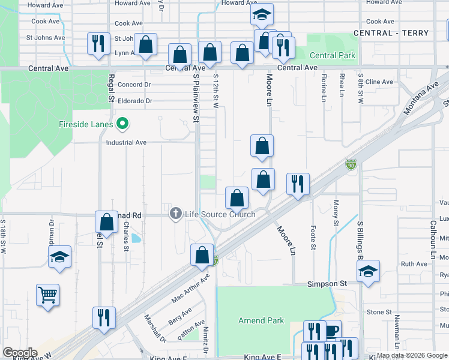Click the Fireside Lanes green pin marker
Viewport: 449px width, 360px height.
point(123,125)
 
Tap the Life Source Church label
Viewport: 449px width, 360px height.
point(220,214)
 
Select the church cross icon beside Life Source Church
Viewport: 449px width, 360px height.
point(176,214)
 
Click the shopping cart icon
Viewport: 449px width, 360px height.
point(47,295)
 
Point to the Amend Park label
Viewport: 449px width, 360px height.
point(261,320)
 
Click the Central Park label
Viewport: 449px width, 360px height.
point(333,56)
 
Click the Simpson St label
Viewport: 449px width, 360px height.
point(327,283)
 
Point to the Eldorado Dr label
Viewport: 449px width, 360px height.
point(135,101)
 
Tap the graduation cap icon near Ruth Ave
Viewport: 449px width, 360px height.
point(369,271)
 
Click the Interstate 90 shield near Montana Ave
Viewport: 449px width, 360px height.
point(351,164)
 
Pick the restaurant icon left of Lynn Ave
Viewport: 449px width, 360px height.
point(98,44)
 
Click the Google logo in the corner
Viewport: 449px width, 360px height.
point(20,353)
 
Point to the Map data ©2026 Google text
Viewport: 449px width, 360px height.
point(412,355)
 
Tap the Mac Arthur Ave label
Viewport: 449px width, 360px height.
point(191,288)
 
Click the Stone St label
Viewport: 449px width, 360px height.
point(379,312)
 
